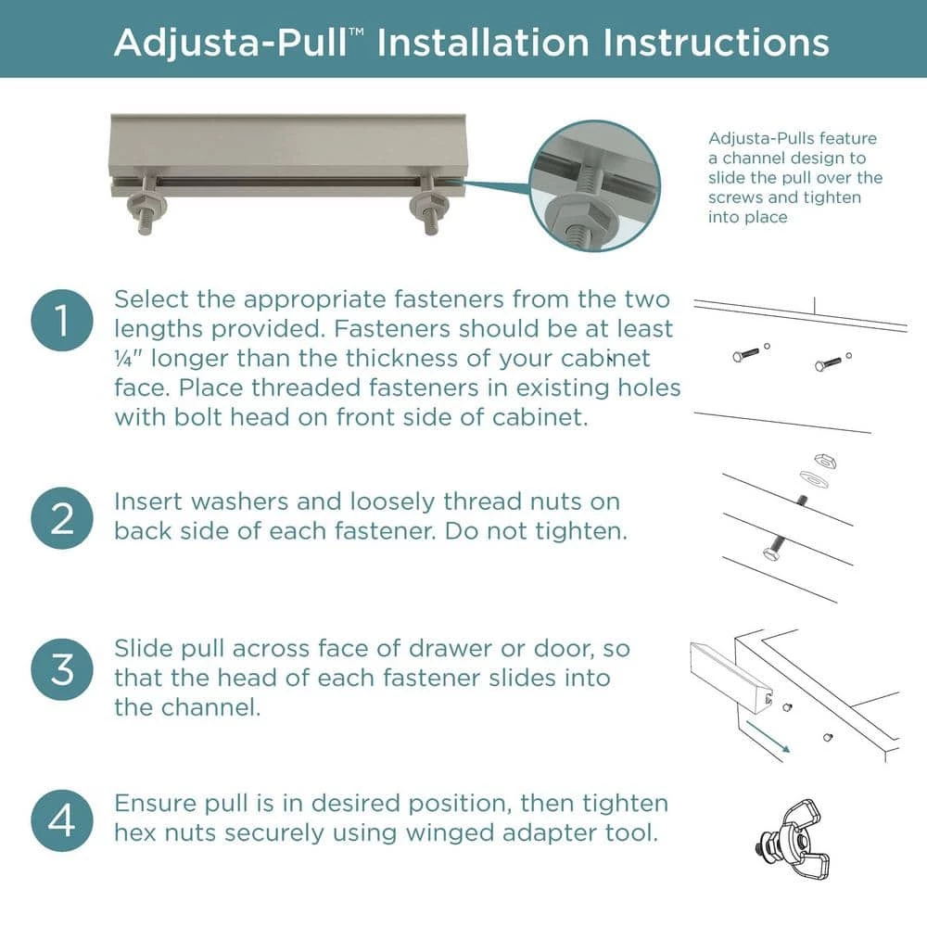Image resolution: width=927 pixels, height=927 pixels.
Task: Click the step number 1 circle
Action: tap(62, 322)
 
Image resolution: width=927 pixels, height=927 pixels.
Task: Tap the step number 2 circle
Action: tap(62, 518)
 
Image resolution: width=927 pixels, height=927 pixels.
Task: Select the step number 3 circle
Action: tap(62, 668)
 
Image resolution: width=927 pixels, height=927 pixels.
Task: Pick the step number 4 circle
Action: tap(62, 821)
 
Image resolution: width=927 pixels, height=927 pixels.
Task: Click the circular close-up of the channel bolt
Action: tap(594, 185)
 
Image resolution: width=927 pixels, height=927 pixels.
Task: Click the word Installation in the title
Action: tap(483, 43)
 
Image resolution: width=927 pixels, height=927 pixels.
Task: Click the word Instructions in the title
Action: tap(714, 43)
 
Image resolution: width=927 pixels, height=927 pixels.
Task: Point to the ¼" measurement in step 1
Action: tap(128, 359)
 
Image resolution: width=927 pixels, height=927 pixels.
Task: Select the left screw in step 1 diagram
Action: tap(745, 354)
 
